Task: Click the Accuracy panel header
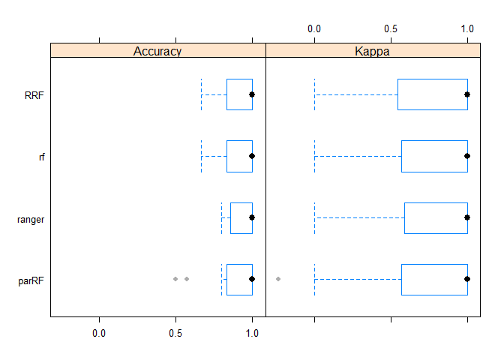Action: point(158,51)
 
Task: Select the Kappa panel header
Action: point(373,51)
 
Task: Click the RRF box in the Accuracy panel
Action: point(239,94)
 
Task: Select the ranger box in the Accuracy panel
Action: point(241,217)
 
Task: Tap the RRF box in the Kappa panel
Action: point(432,94)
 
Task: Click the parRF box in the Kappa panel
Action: point(434,279)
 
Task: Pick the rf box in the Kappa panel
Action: point(434,156)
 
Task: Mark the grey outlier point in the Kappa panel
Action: point(278,279)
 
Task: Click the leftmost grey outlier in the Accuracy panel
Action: point(175,279)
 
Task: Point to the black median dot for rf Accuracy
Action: point(252,156)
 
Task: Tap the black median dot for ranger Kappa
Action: point(467,217)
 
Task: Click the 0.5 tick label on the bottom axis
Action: point(175,332)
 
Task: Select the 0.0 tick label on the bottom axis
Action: point(99,332)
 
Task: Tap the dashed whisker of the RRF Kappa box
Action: point(355,94)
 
